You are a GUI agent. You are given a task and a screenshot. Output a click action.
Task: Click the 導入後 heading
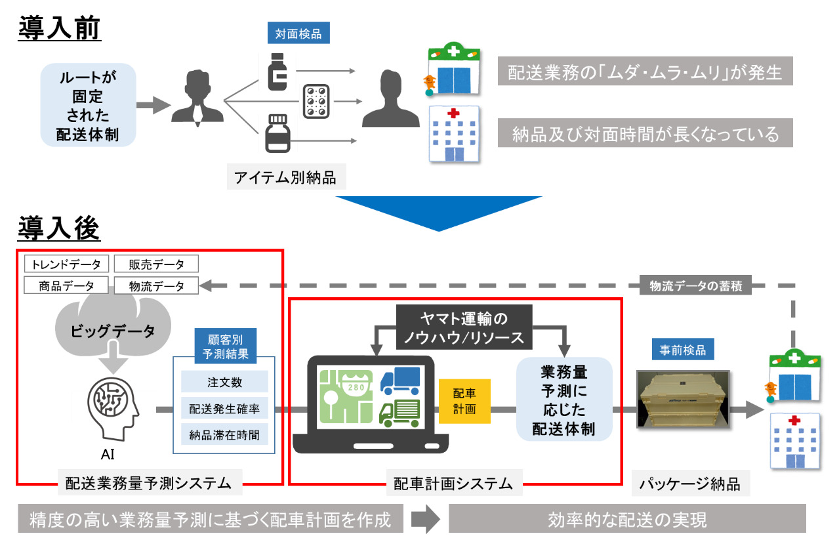pyautogui.click(x=59, y=228)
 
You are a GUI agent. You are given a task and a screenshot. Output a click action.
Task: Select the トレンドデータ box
pyautogui.click(x=66, y=264)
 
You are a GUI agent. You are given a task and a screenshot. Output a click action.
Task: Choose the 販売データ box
pyautogui.click(x=156, y=264)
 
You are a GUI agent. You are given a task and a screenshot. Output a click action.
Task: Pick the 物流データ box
pyautogui.click(x=156, y=286)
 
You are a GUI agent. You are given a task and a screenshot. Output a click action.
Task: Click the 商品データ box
pyautogui.click(x=66, y=286)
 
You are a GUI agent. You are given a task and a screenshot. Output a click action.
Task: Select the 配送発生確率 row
pyautogui.click(x=224, y=409)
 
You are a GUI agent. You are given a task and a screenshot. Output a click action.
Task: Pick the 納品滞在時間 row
pyautogui.click(x=224, y=434)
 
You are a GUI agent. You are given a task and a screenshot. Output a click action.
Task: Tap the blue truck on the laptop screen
pyautogui.click(x=399, y=381)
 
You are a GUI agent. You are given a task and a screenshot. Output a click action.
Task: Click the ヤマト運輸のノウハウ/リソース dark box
pyautogui.click(x=464, y=327)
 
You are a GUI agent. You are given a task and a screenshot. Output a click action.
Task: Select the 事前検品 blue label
pyautogui.click(x=683, y=351)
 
